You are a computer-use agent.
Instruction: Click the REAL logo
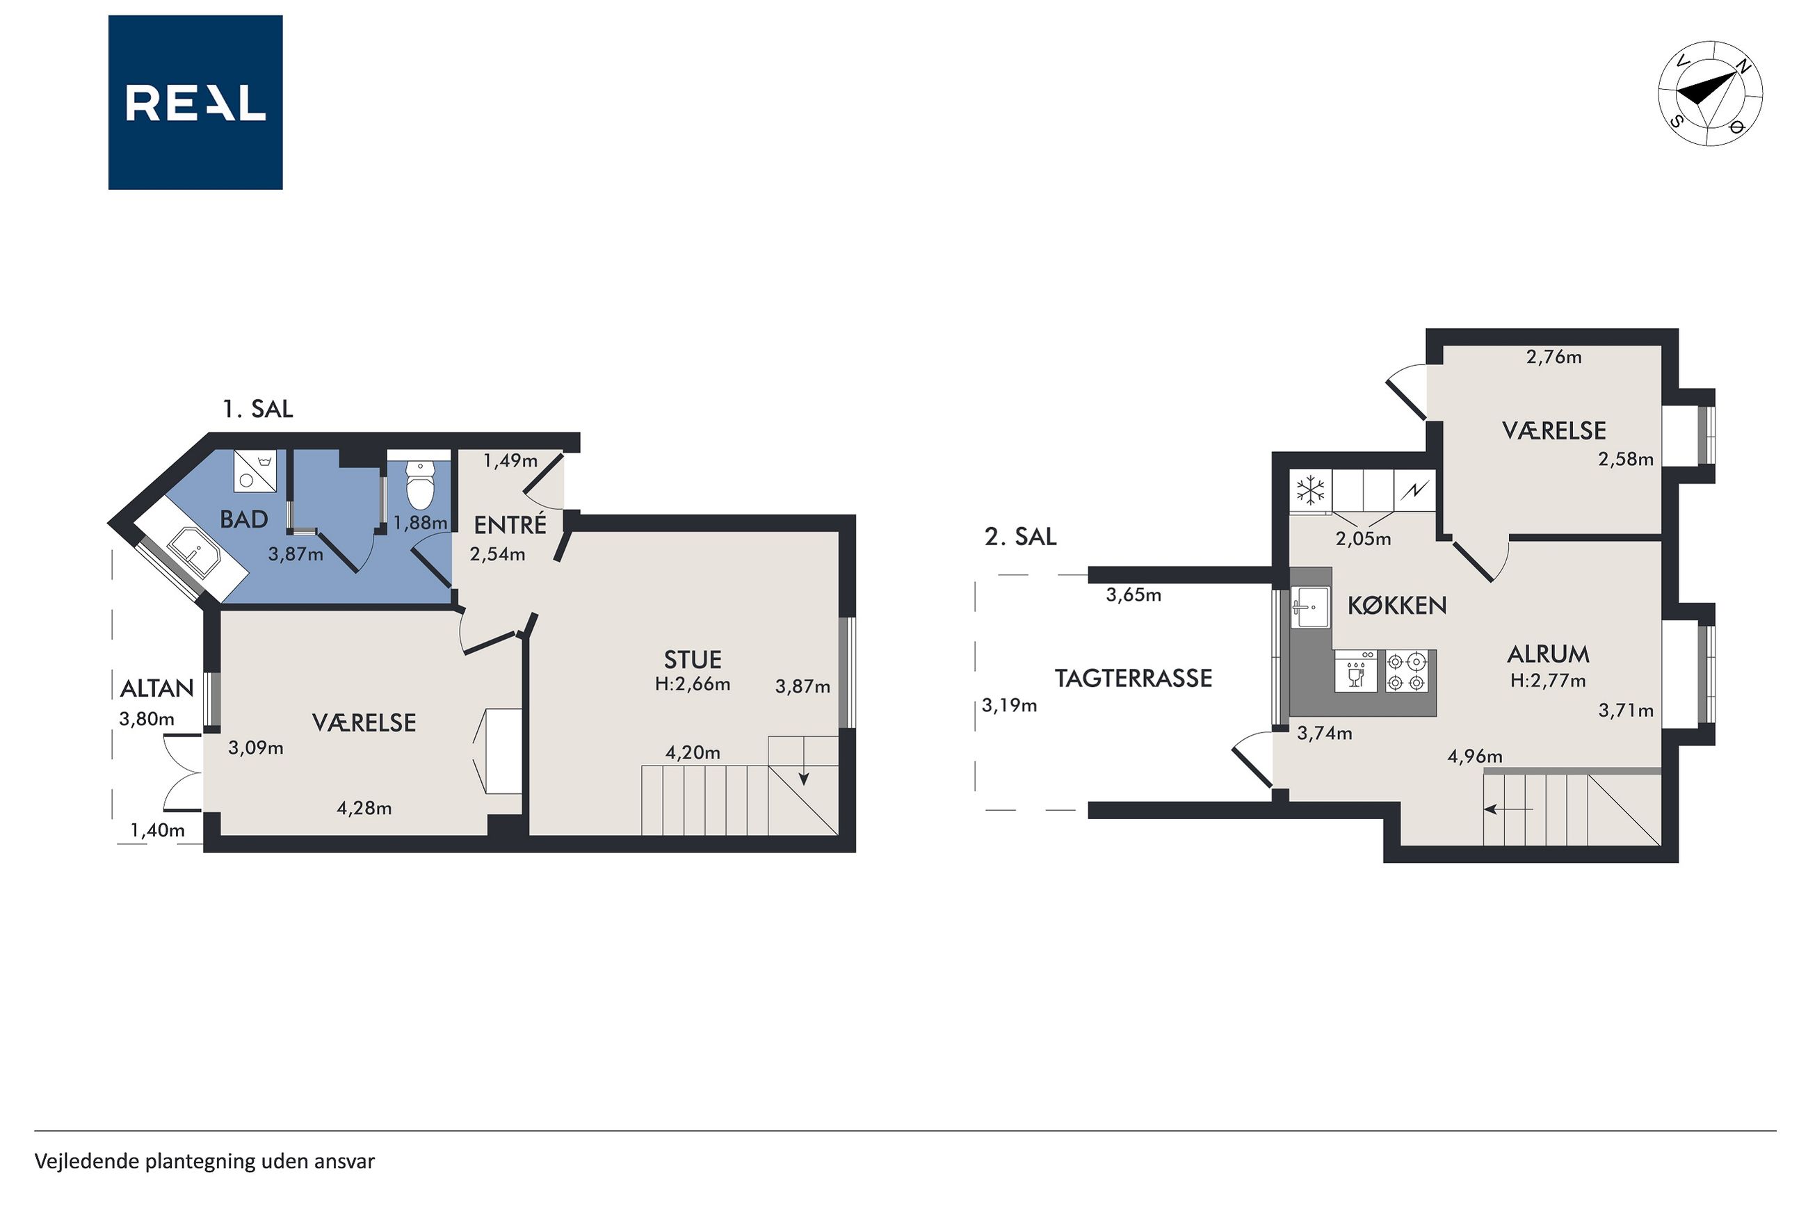point(195,102)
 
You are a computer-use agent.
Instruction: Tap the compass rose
point(1710,93)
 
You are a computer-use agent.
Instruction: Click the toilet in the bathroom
point(419,485)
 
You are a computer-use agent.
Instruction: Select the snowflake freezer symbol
point(1311,489)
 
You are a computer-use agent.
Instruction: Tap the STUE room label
point(693,659)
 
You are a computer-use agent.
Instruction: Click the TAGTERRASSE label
point(1133,678)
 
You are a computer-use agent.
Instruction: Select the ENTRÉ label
point(510,524)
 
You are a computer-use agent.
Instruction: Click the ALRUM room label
point(1547,654)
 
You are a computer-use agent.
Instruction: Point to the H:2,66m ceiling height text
point(693,684)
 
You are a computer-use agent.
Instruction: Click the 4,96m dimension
point(1474,757)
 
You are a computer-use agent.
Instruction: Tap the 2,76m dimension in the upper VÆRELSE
point(1553,357)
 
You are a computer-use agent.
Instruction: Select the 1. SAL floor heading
point(257,409)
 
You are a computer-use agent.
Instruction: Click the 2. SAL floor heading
point(1020,536)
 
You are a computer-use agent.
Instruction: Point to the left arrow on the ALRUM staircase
point(1508,809)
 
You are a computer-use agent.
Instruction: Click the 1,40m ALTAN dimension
point(158,830)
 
